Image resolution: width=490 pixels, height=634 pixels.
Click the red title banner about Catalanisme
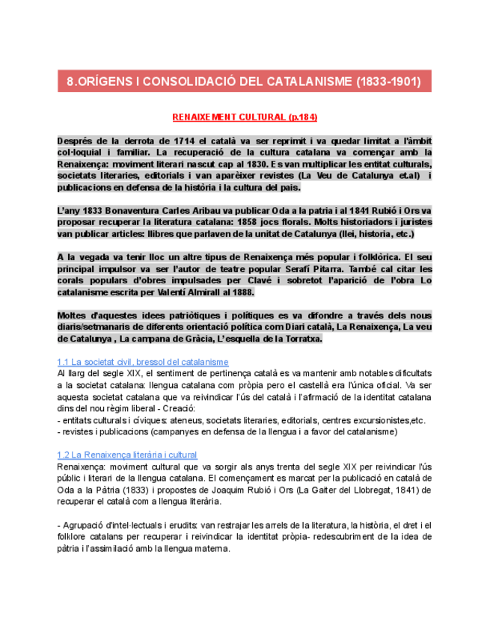(x=245, y=80)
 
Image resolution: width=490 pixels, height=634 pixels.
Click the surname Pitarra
(x=315, y=268)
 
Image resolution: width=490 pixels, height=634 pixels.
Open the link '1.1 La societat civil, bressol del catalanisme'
(x=143, y=362)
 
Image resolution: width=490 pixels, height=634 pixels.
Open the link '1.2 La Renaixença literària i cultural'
(x=127, y=455)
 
